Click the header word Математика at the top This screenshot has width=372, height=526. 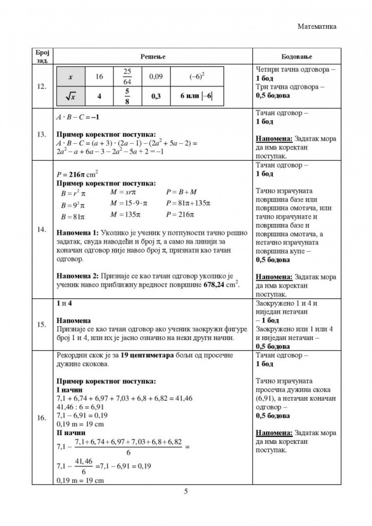(317, 26)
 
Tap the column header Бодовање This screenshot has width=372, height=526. (297, 56)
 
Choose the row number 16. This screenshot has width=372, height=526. (42, 418)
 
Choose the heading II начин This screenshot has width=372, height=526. (71, 433)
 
